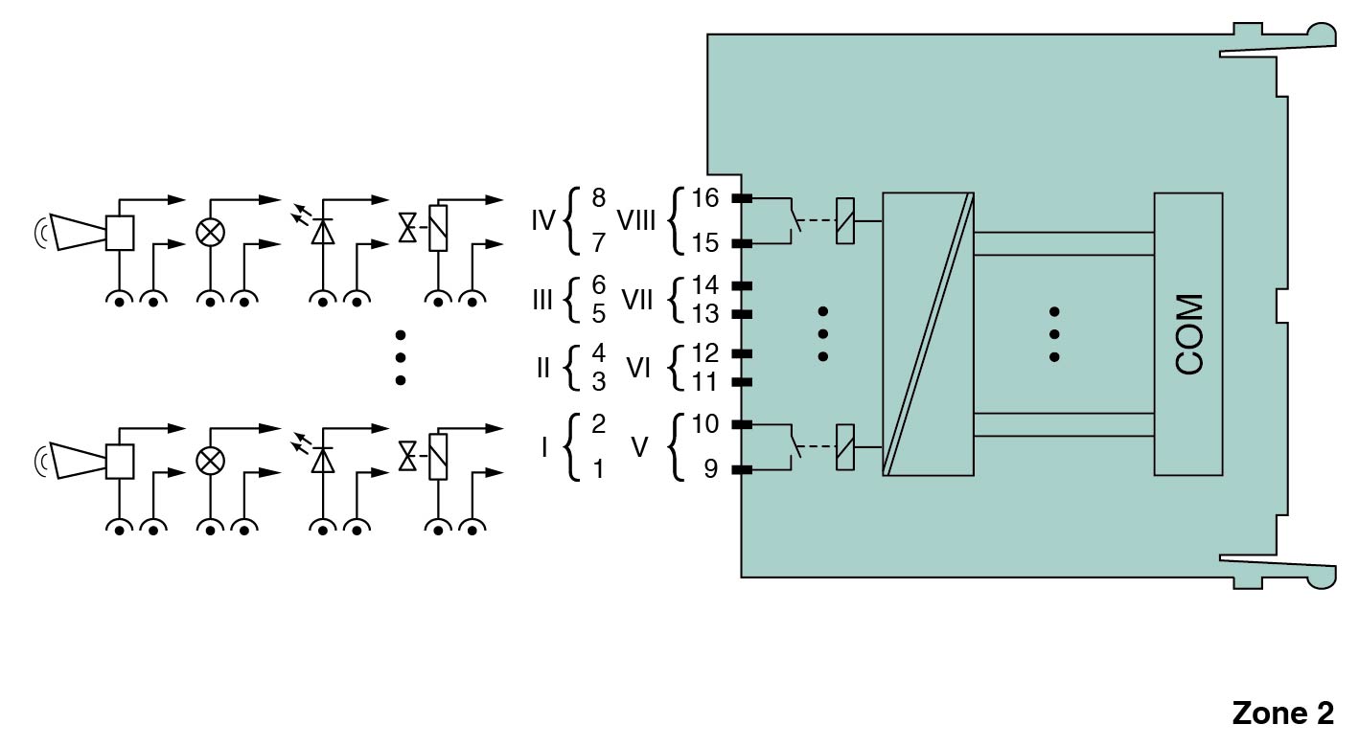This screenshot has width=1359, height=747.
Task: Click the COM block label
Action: tap(1188, 333)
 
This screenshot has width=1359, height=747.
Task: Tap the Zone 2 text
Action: tap(1281, 713)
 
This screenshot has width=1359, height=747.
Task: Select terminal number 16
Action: tap(704, 199)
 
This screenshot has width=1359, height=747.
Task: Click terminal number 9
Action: tap(710, 470)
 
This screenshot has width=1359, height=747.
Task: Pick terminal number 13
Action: tap(704, 314)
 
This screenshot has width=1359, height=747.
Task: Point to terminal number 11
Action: tap(704, 382)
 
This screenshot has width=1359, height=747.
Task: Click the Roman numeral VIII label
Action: tap(636, 222)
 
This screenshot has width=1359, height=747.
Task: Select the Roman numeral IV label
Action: tap(543, 222)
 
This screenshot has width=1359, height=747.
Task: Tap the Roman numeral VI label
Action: tap(638, 368)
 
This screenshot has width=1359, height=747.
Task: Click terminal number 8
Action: tap(599, 199)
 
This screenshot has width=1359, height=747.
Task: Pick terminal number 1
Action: tap(599, 470)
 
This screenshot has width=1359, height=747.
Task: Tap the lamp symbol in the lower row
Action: tap(210, 461)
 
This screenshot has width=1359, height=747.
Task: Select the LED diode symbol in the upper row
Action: tap(324, 231)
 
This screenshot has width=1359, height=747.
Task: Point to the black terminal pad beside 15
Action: tap(742, 244)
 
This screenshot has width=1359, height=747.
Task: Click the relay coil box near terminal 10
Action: tap(845, 447)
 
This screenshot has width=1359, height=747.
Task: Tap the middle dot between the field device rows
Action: tap(401, 357)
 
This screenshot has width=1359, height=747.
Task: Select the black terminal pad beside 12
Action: tap(742, 352)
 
